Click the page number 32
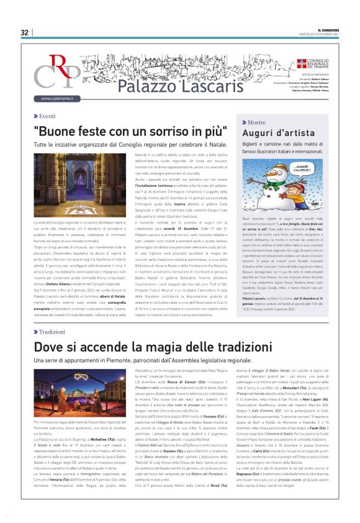point(25,32)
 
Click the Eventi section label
point(47,116)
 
